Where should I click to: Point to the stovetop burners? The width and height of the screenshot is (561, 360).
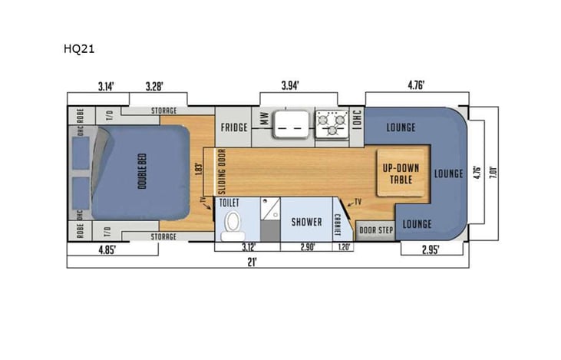tap(331, 124)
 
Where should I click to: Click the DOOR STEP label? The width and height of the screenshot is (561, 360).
tap(376, 230)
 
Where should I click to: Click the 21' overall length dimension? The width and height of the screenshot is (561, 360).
tap(251, 261)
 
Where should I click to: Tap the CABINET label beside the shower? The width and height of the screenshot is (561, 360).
tap(337, 223)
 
